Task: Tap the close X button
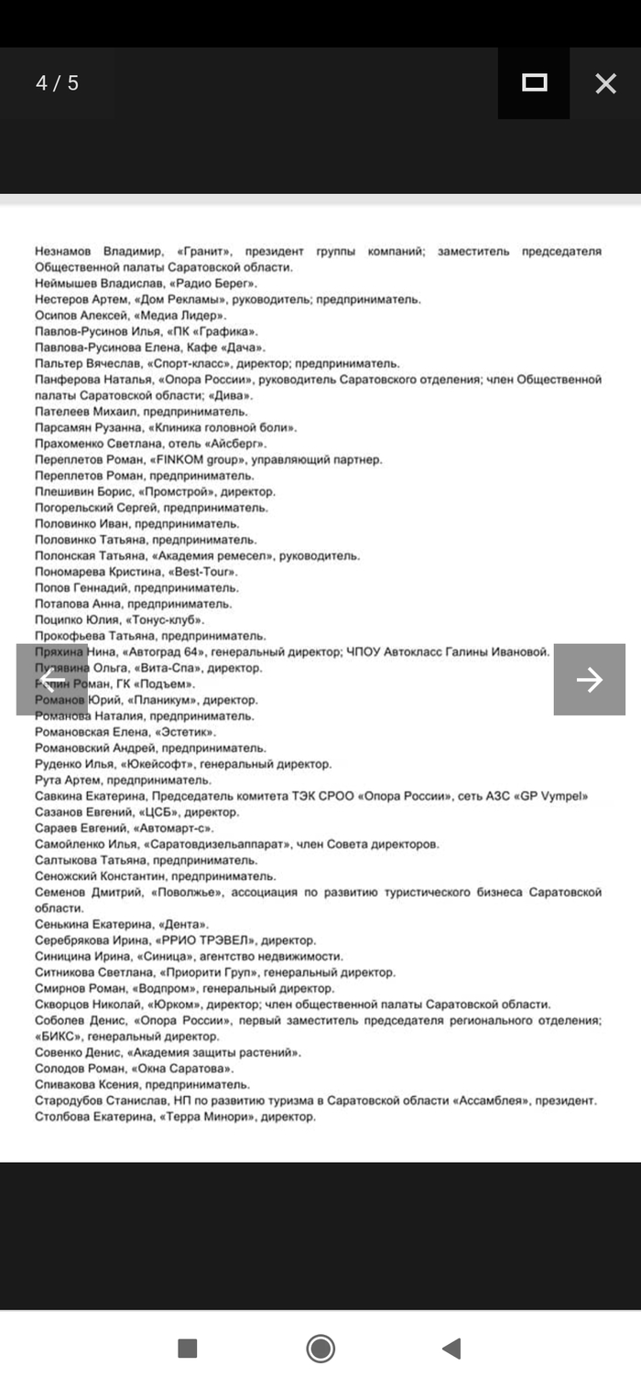click(x=605, y=83)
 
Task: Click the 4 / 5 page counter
click(x=58, y=83)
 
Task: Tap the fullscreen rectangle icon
click(x=534, y=83)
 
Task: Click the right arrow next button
click(x=589, y=679)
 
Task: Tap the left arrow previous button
click(x=52, y=679)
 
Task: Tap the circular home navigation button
click(x=320, y=1348)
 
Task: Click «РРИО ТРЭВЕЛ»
click(x=209, y=940)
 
